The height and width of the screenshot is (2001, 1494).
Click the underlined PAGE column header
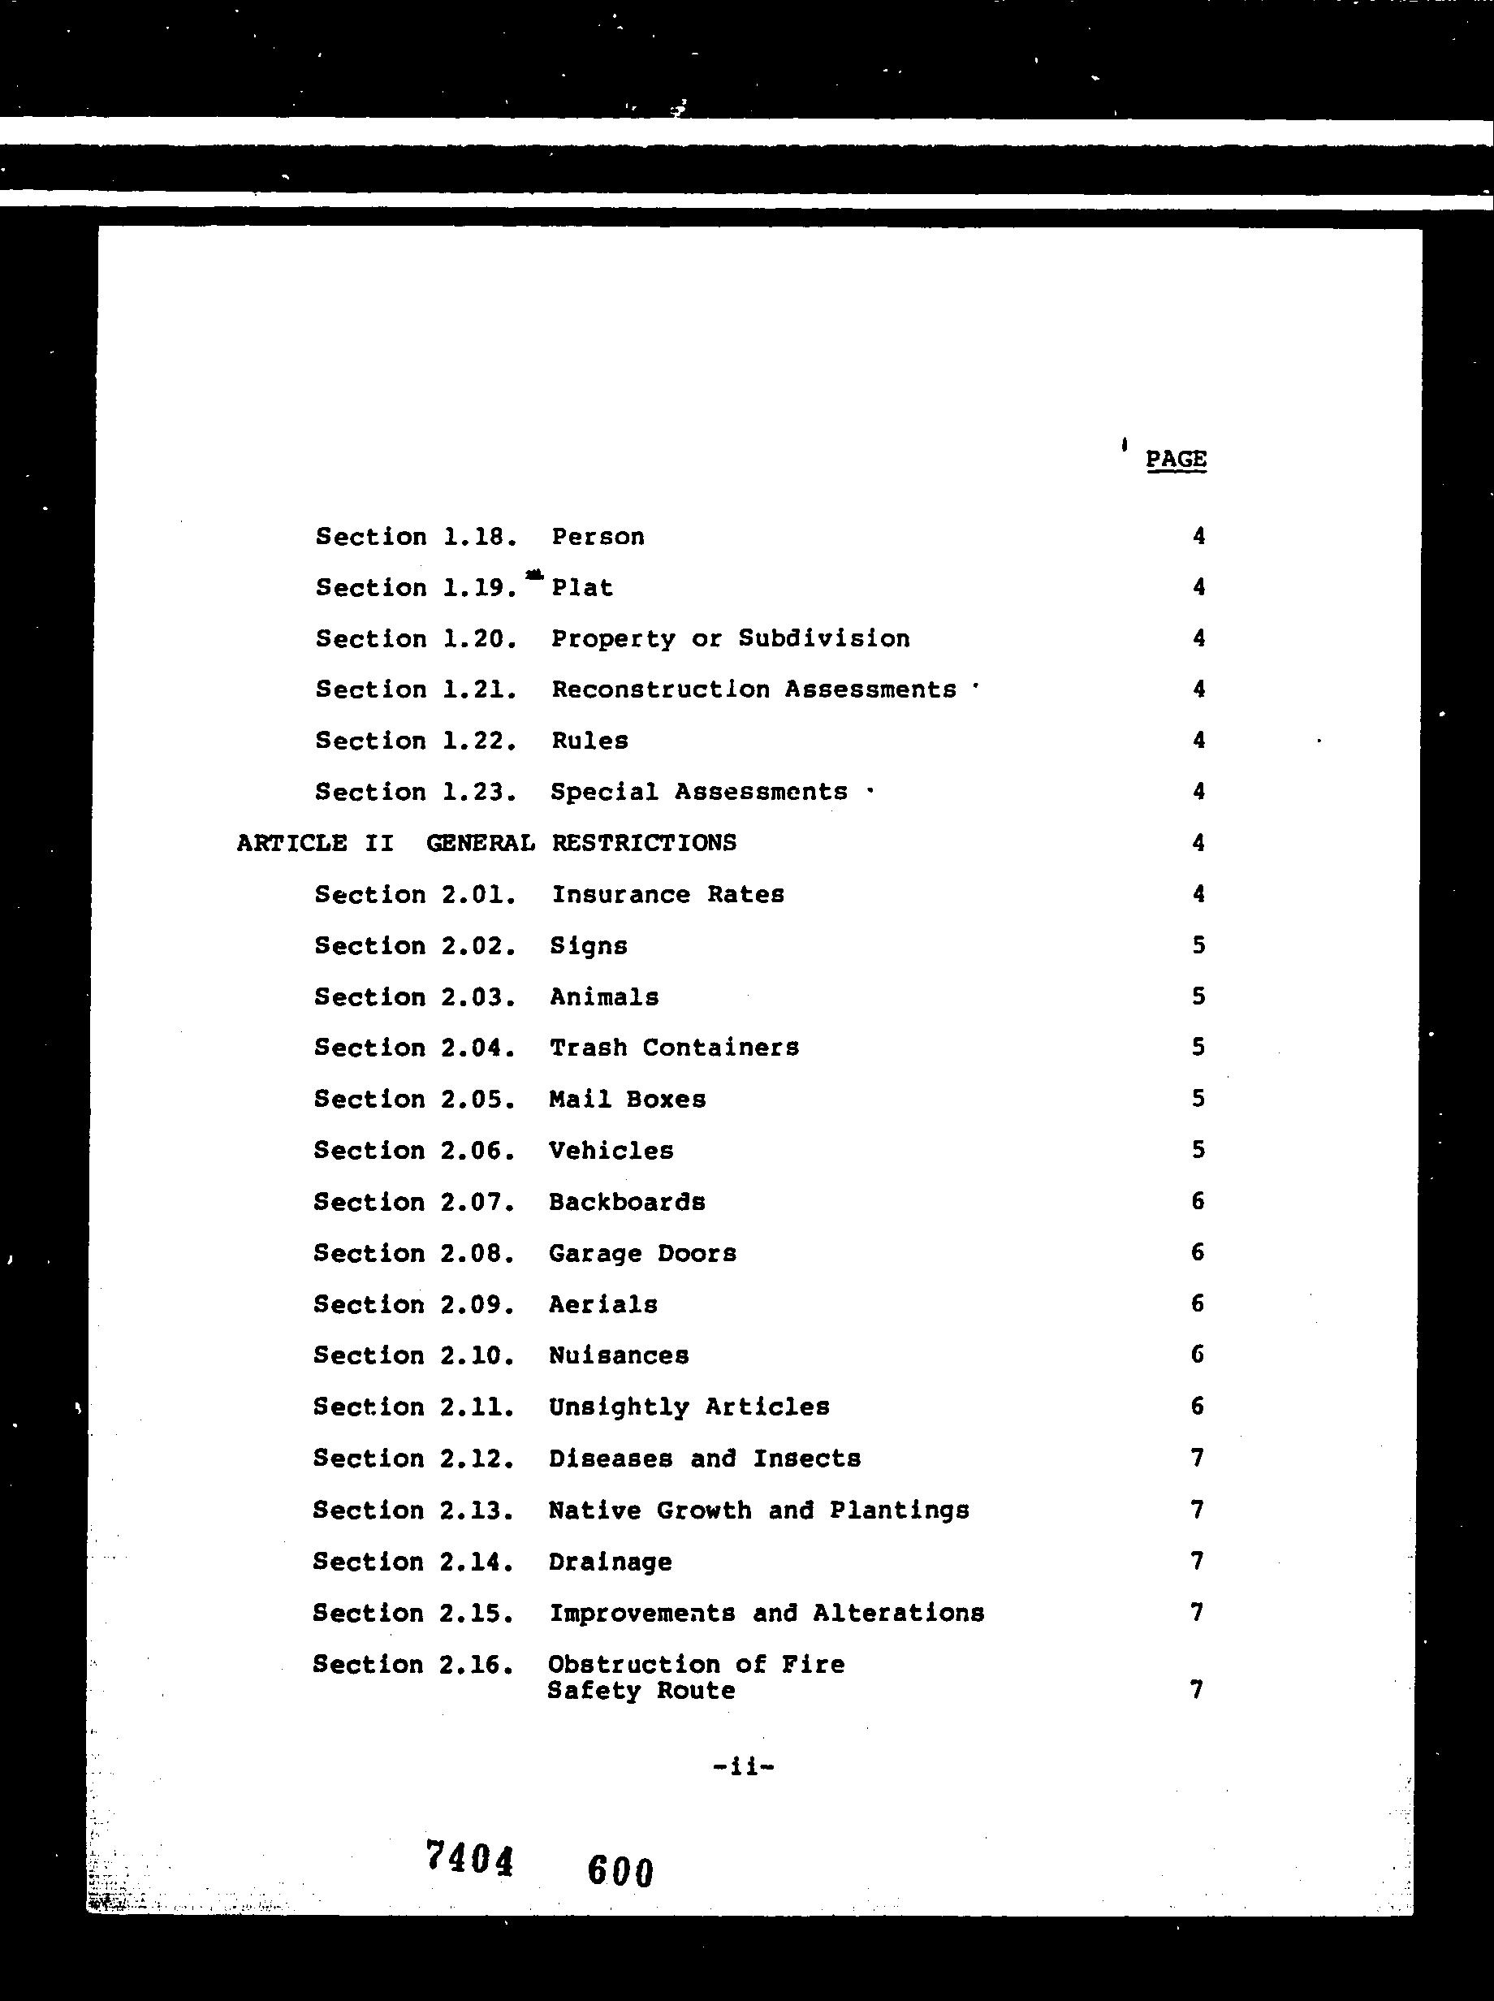point(1176,460)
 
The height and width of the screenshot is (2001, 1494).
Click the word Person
point(598,538)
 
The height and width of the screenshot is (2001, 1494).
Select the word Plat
point(582,588)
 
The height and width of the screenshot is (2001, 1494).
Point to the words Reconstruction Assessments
point(753,690)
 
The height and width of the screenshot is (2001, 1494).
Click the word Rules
point(589,741)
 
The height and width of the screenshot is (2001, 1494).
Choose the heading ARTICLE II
point(315,843)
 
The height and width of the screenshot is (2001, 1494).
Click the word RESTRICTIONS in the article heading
point(644,843)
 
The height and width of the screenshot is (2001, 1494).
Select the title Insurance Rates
point(667,895)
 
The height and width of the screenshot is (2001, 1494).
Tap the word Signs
point(589,946)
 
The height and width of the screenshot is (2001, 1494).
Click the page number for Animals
point(1198,997)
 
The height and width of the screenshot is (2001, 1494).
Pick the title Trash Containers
point(674,1048)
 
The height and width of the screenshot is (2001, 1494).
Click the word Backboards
point(627,1202)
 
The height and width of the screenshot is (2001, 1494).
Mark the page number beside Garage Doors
point(1198,1253)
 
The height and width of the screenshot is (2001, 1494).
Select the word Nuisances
point(619,1356)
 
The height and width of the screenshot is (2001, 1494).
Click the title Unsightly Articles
point(689,1407)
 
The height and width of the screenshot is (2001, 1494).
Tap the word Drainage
point(611,1562)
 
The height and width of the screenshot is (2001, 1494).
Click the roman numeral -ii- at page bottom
point(744,1766)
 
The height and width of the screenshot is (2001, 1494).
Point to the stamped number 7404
point(469,1859)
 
